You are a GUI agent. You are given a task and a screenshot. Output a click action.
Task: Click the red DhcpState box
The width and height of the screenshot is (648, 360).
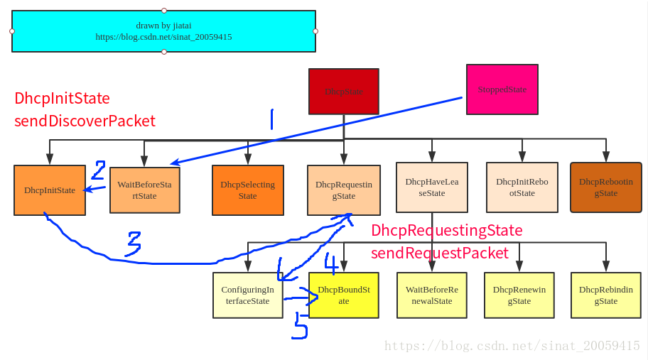coord(344,92)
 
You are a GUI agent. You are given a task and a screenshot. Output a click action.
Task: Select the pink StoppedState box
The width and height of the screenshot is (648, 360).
coord(502,89)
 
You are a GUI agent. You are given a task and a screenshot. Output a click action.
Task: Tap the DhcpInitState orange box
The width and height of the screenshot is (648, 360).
coord(50,190)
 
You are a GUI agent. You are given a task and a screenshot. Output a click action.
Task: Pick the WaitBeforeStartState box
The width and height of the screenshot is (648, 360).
coord(145,190)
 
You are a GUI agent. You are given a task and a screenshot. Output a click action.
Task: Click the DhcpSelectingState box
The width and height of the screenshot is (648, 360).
coord(248,190)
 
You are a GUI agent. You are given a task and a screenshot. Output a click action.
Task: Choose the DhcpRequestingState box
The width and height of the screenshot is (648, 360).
coord(344,190)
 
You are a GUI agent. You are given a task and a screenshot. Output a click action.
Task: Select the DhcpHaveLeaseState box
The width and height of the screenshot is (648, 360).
coord(432,187)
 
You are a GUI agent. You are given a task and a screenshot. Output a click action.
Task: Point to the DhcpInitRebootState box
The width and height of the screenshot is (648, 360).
coord(522,187)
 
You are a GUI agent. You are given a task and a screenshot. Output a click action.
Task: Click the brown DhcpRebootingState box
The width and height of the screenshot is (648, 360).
coord(606,187)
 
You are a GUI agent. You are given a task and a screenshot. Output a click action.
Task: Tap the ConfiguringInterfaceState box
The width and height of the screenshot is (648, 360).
coord(248,295)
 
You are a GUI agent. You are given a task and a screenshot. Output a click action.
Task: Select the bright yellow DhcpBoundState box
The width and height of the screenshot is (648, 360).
coord(344,295)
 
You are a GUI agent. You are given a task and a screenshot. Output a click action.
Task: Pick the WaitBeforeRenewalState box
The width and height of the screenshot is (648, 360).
coord(432,295)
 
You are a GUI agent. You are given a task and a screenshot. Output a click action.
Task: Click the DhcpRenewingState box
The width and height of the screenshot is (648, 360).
coord(519,295)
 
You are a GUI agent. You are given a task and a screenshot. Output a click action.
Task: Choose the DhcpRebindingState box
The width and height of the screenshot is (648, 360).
coord(606,295)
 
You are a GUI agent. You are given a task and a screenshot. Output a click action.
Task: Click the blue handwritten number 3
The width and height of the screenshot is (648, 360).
coord(134,244)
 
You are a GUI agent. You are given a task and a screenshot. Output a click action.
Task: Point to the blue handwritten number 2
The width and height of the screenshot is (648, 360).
coord(98,170)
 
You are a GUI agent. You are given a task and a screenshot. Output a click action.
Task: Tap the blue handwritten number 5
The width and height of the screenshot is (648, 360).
coord(300,326)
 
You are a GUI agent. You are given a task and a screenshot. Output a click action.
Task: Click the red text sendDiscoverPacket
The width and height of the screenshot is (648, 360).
coord(85,121)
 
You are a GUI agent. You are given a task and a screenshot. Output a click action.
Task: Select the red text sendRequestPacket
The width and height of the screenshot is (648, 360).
coord(440,253)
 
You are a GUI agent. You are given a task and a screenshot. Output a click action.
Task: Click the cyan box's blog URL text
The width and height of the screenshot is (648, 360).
coord(163,37)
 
